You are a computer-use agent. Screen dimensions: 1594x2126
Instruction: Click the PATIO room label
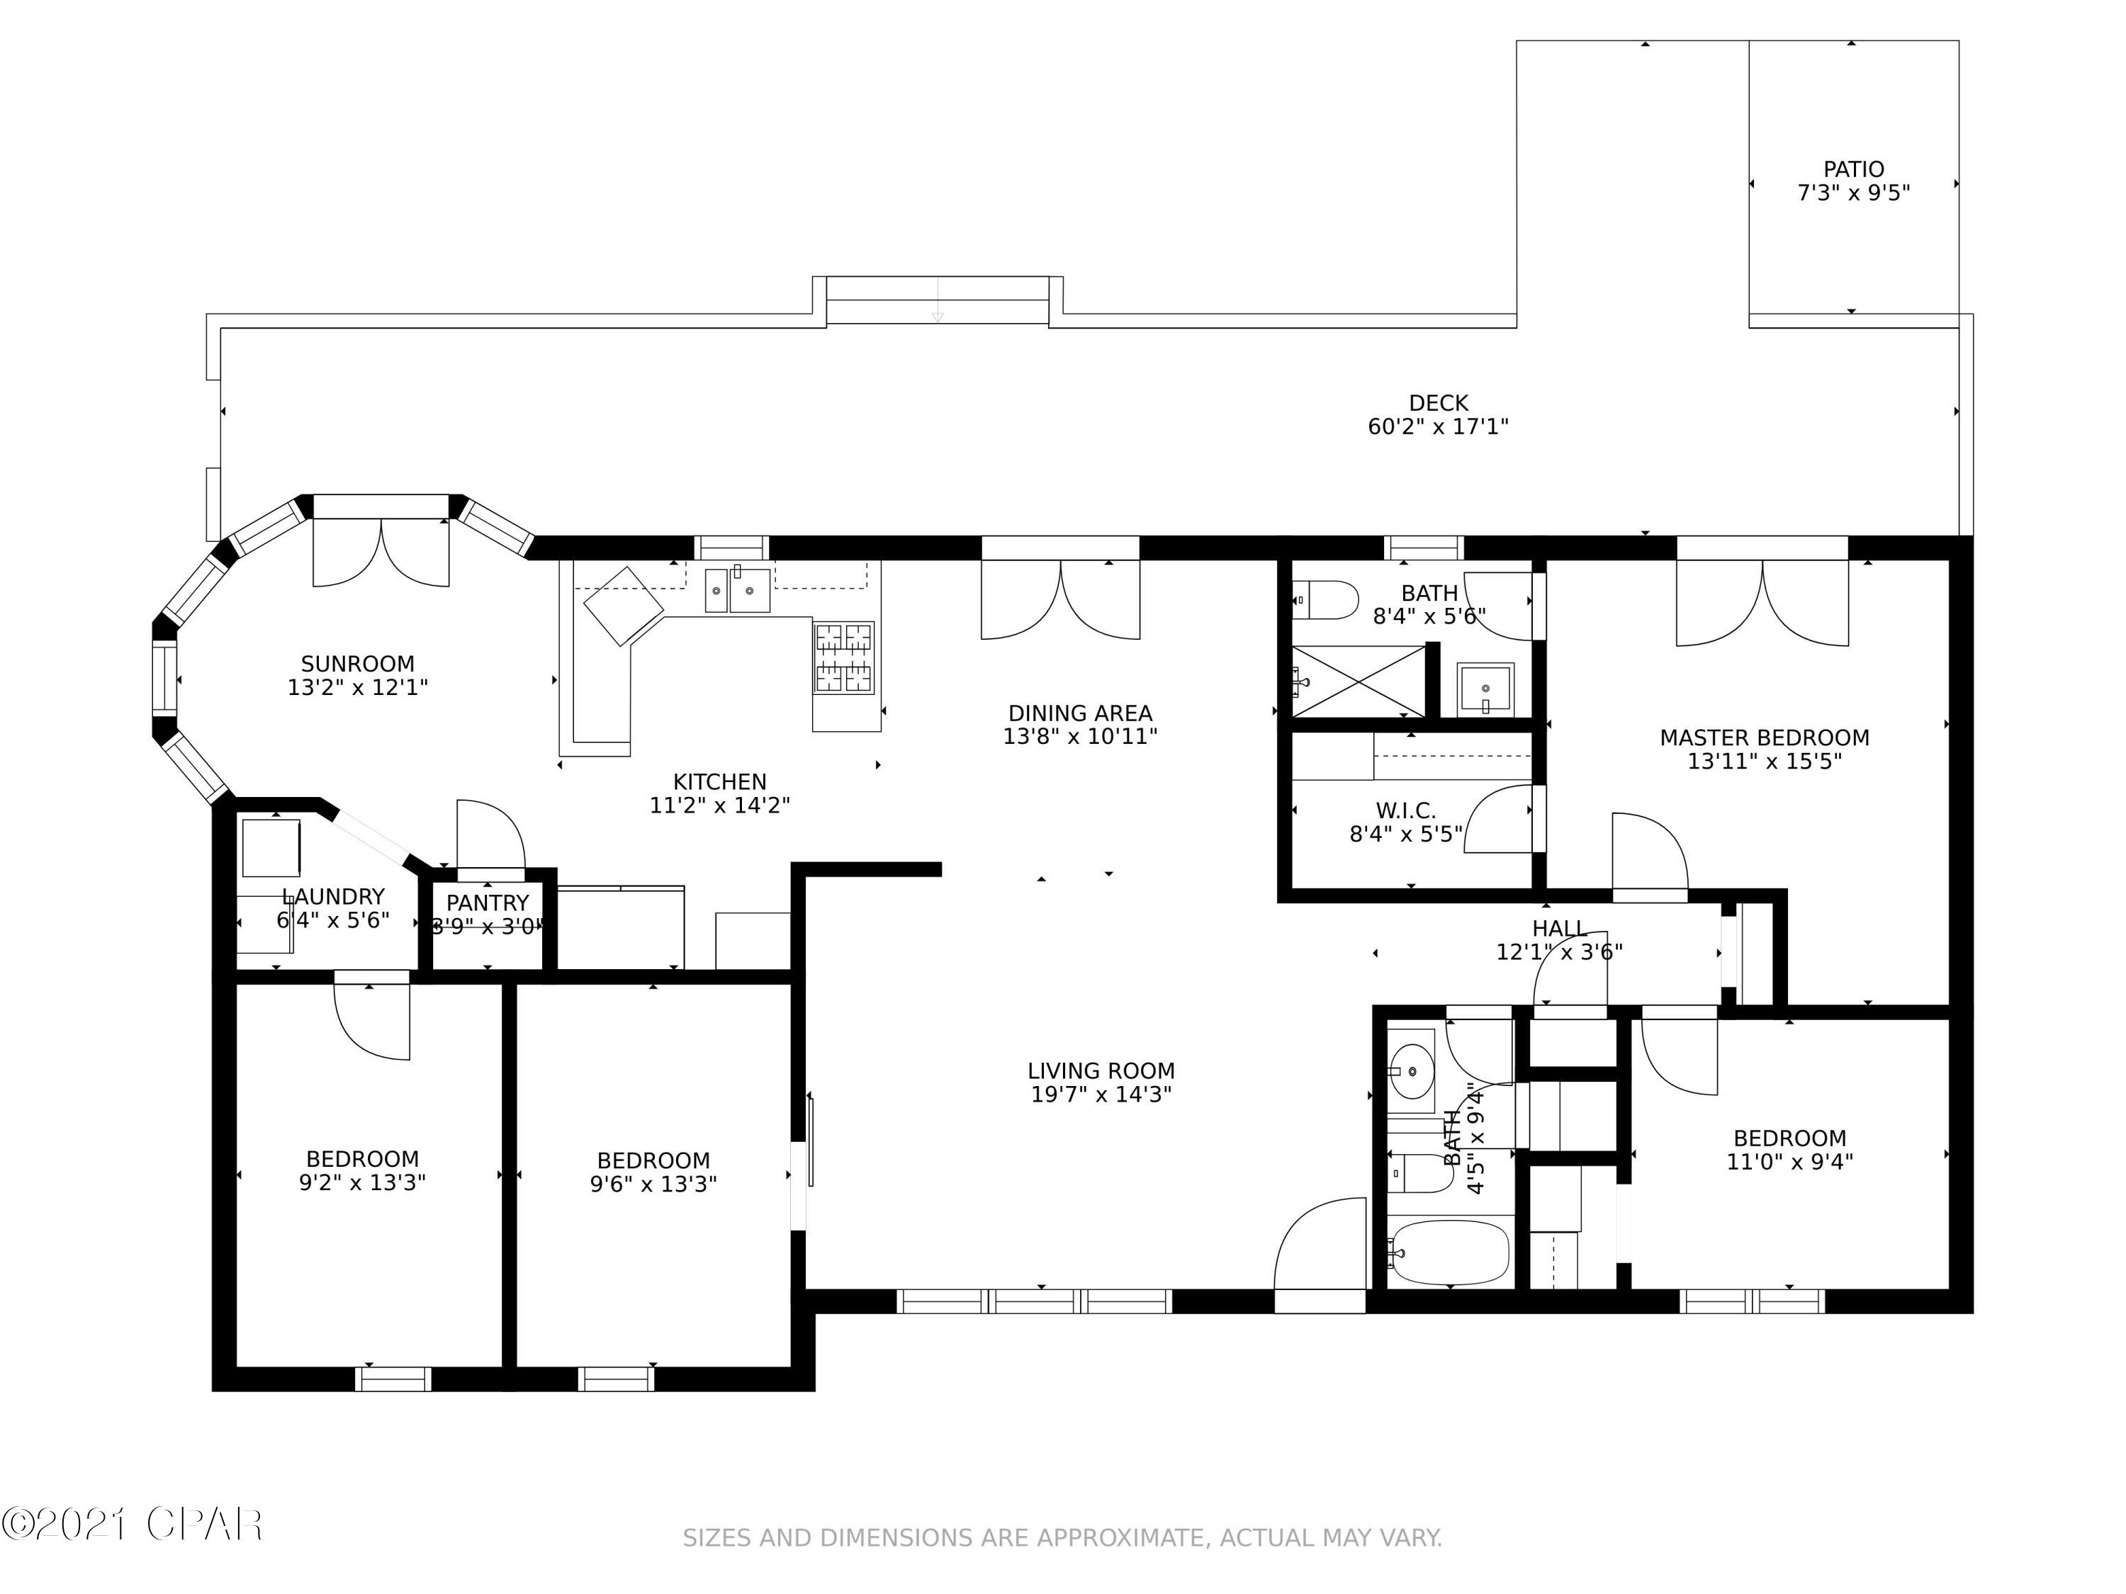(x=1853, y=169)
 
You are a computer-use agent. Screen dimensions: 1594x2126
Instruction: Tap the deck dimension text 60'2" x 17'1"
(x=1438, y=426)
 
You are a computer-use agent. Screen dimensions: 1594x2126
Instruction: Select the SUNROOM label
(x=358, y=664)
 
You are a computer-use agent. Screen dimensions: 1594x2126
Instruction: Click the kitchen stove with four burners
(x=844, y=658)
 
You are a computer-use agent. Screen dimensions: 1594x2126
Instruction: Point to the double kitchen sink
(x=738, y=590)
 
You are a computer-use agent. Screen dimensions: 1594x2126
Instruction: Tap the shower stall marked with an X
(x=1357, y=682)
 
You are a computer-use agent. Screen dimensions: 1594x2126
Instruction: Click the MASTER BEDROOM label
(x=1764, y=738)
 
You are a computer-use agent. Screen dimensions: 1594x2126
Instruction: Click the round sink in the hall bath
(x=1412, y=1069)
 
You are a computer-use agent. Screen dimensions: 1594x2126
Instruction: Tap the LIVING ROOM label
(x=1101, y=1070)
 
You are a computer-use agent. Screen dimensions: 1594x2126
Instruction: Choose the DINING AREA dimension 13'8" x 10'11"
(x=1079, y=737)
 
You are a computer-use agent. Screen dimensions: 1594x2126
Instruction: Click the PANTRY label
(x=488, y=903)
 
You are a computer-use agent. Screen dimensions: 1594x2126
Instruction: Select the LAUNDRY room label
(x=334, y=896)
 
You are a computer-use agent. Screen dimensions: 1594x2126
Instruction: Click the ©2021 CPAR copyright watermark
(x=133, y=1525)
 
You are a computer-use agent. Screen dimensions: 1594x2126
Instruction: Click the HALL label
(x=1559, y=928)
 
